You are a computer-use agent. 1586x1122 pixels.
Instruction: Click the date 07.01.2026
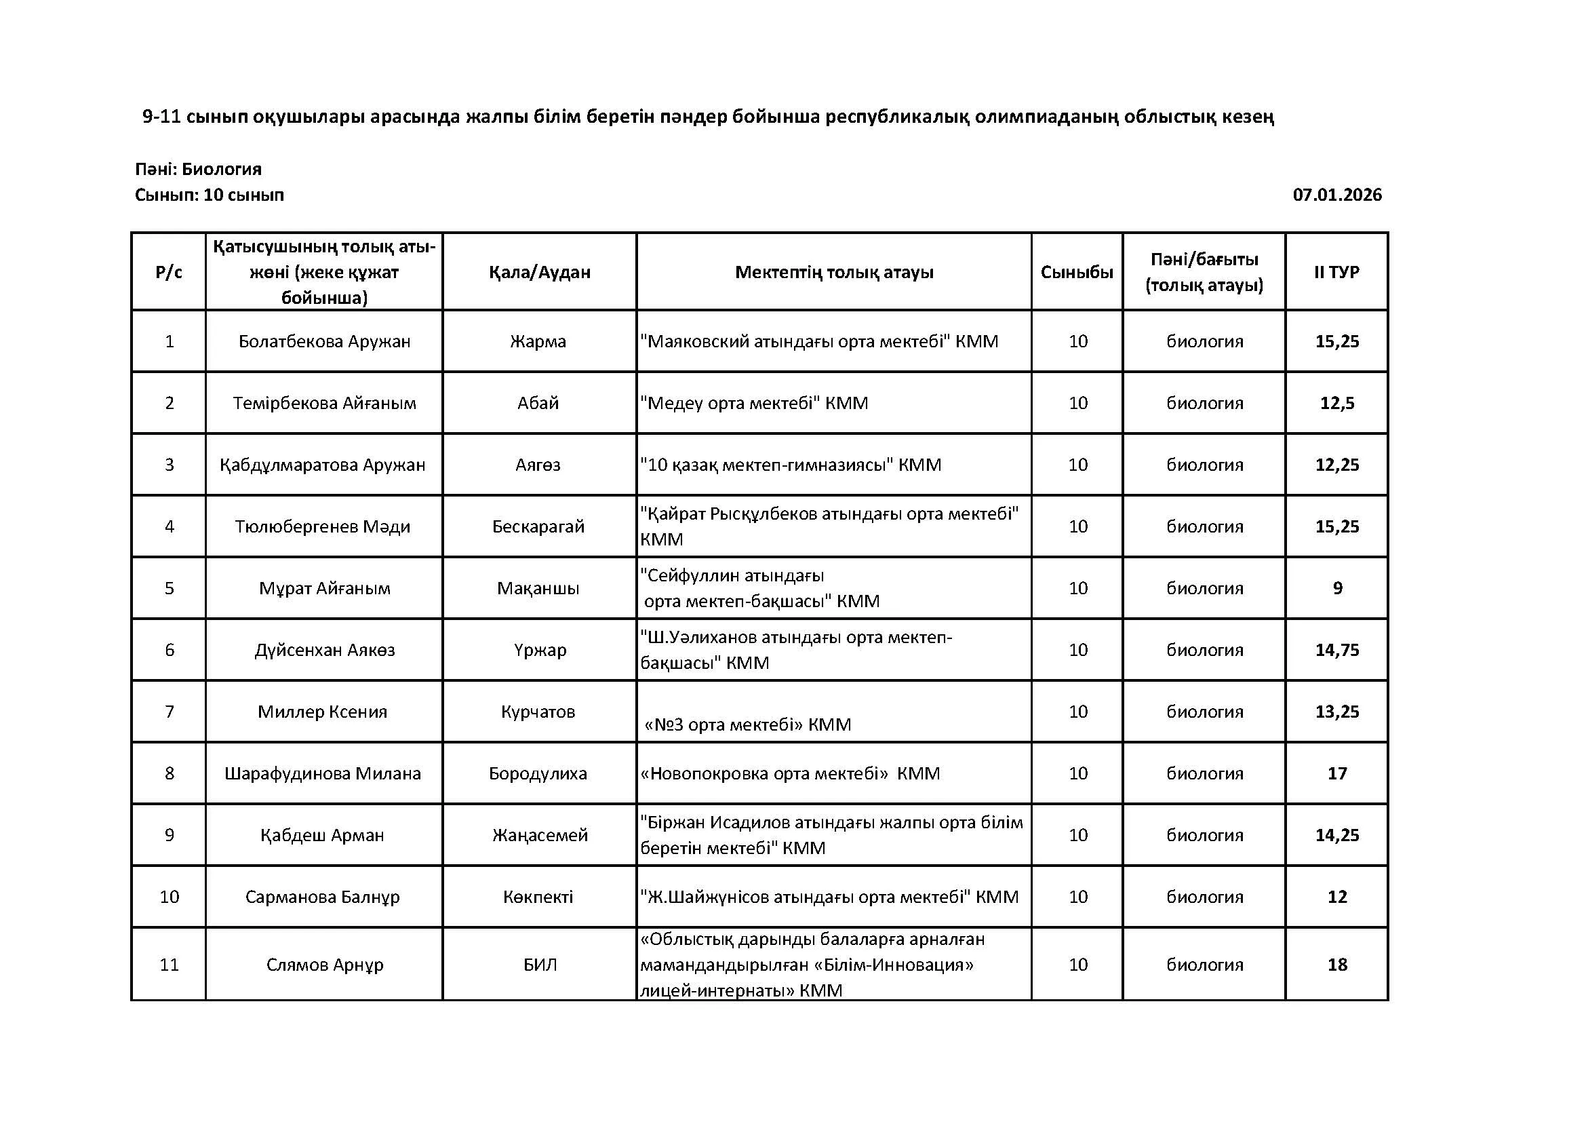pyautogui.click(x=1336, y=195)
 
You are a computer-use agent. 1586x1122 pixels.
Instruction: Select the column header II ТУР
pyautogui.click(x=1336, y=272)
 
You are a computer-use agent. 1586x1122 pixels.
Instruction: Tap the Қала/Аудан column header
pyautogui.click(x=540, y=272)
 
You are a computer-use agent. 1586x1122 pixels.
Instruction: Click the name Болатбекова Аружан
pyautogui.click(x=324, y=341)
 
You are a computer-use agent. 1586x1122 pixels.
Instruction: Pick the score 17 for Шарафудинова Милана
pyautogui.click(x=1336, y=773)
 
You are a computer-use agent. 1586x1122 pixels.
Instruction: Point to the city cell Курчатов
pyautogui.click(x=538, y=712)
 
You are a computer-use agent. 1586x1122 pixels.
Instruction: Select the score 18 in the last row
pyautogui.click(x=1336, y=965)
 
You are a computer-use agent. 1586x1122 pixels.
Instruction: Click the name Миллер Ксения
pyautogui.click(x=323, y=712)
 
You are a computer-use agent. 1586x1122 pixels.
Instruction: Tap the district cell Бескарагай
pyautogui.click(x=538, y=526)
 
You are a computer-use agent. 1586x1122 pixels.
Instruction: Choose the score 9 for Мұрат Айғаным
pyautogui.click(x=1337, y=588)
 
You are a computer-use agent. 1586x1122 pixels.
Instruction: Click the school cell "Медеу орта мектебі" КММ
pyautogui.click(x=753, y=403)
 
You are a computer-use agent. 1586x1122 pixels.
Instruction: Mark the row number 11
pyautogui.click(x=170, y=965)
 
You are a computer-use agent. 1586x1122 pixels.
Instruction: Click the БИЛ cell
pyautogui.click(x=540, y=965)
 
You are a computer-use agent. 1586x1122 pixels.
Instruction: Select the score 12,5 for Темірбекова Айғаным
pyautogui.click(x=1336, y=403)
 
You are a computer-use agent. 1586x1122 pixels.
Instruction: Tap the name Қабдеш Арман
pyautogui.click(x=322, y=835)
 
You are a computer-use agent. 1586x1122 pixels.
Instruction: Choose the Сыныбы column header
pyautogui.click(x=1077, y=272)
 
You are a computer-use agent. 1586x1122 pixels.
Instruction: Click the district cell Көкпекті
pyautogui.click(x=538, y=897)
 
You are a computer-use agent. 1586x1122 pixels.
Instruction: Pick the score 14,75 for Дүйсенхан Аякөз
pyautogui.click(x=1336, y=650)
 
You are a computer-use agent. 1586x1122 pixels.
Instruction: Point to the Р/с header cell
pyautogui.click(x=170, y=272)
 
